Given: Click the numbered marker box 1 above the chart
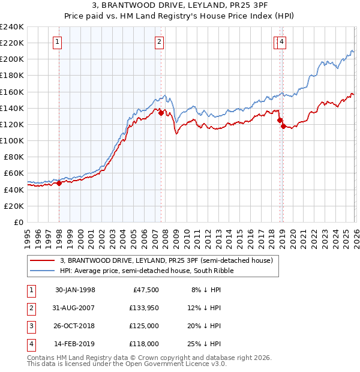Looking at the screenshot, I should (x=57, y=41).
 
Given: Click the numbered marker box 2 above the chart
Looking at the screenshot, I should (x=159, y=41).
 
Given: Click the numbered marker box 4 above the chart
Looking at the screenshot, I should (x=281, y=41).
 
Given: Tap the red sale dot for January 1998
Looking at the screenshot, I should (x=59, y=184).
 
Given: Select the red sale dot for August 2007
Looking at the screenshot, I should (x=161, y=113).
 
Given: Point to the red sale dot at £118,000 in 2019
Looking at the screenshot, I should (x=283, y=126).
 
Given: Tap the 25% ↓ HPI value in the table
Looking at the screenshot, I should (x=206, y=344).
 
